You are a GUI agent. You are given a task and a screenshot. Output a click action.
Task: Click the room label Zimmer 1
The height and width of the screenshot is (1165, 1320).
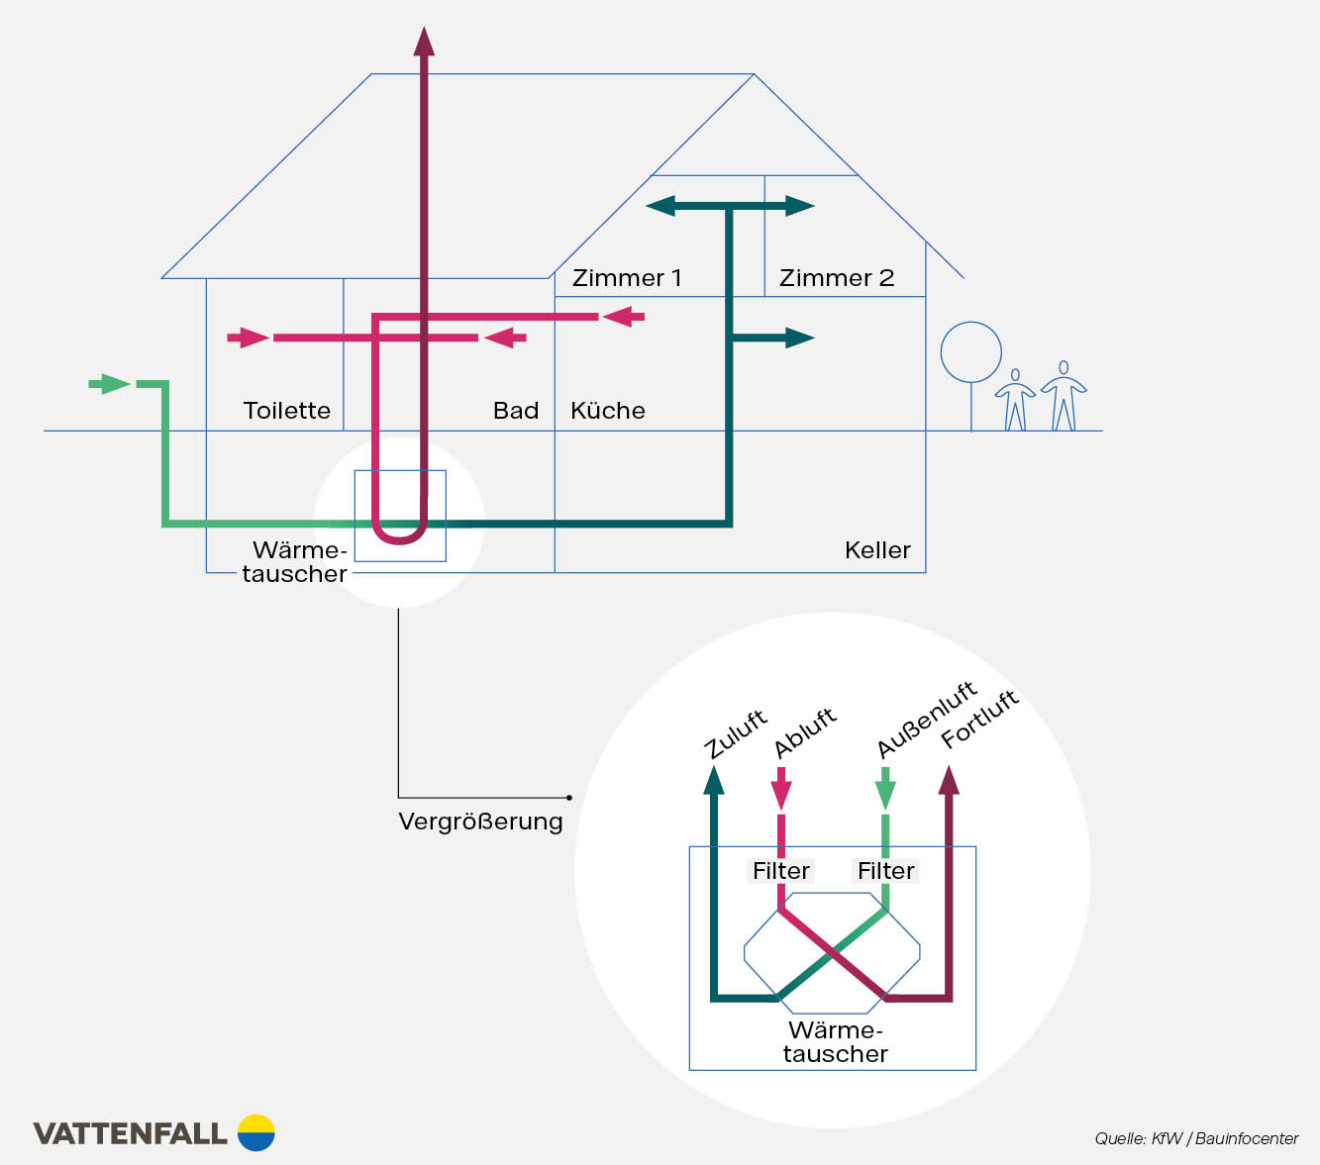point(627,278)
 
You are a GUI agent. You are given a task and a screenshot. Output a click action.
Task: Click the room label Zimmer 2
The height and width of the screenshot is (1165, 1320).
point(837,278)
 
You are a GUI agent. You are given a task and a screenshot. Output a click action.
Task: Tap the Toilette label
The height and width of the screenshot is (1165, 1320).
point(287,411)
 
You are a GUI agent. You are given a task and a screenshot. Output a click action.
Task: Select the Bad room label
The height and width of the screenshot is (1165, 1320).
point(516,411)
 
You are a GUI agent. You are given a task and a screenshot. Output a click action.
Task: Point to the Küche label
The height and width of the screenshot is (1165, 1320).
point(608,411)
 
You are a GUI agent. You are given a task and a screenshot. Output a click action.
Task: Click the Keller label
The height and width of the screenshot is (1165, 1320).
point(877,550)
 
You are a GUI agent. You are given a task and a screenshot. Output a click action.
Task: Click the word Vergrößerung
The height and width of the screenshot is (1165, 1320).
point(480,822)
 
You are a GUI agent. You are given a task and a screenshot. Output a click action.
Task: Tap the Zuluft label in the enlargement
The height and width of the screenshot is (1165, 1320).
point(736,734)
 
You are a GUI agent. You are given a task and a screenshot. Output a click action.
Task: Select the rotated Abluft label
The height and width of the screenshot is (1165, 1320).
point(805,732)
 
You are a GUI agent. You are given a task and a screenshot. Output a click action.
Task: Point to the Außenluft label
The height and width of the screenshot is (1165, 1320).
point(927,720)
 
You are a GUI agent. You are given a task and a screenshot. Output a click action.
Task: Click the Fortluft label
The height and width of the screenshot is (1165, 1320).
point(979,720)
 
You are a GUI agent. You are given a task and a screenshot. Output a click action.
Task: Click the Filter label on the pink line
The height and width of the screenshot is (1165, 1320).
point(781,871)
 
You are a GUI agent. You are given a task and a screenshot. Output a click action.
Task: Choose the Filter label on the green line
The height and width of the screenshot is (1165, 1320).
point(885,871)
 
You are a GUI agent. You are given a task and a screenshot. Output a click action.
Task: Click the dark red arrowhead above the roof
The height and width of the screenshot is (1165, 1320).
point(424,42)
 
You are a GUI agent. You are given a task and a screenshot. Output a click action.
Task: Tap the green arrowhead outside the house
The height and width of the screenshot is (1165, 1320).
point(115,384)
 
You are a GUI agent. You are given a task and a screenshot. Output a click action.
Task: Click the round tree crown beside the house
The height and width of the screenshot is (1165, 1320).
point(970,352)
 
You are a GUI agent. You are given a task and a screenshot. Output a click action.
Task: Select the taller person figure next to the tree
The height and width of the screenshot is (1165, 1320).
point(1064,395)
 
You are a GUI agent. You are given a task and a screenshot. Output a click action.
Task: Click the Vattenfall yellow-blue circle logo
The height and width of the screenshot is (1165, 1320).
point(256,1132)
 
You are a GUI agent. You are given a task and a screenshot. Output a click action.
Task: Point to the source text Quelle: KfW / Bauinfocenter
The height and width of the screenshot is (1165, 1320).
point(1196,1138)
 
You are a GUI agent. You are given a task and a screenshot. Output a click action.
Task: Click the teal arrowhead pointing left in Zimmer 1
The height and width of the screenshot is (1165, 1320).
point(660,206)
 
